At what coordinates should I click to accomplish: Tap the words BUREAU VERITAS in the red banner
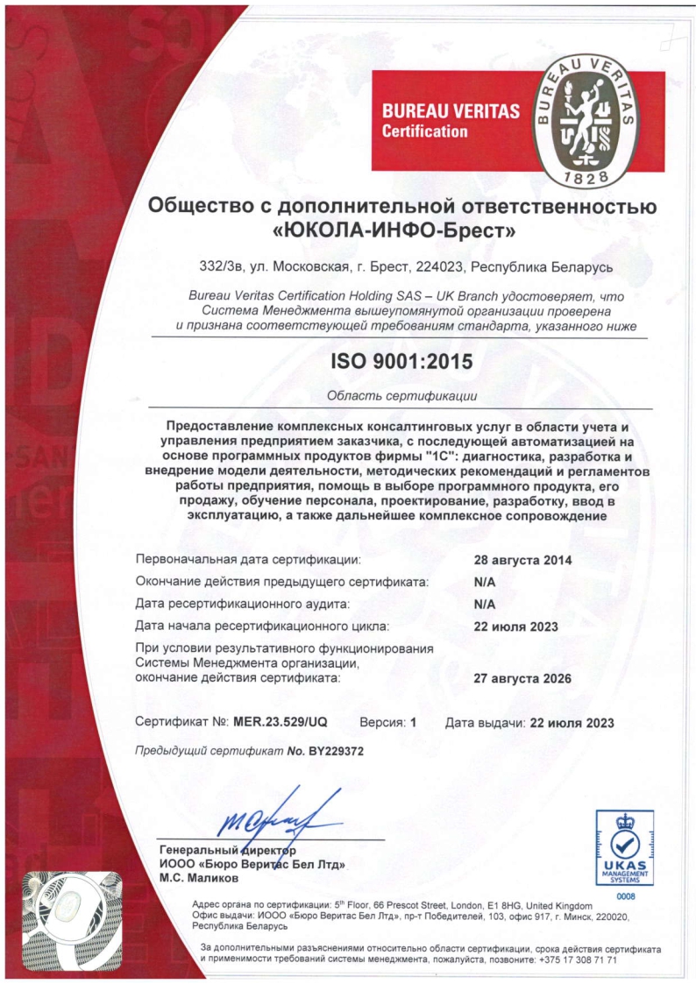click(x=450, y=112)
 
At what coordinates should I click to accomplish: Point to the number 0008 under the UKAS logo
click(x=625, y=896)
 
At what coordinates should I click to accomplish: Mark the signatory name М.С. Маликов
click(x=198, y=877)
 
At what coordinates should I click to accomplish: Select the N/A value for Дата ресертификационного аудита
click(x=485, y=605)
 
